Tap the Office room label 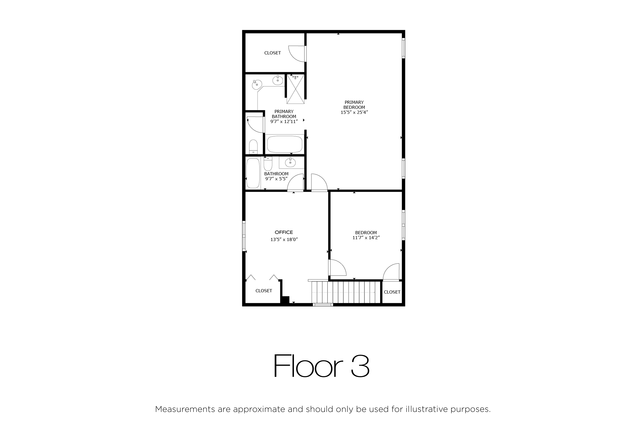point(284,232)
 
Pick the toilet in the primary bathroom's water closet point(253,147)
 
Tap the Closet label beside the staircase point(392,292)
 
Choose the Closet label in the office point(264,291)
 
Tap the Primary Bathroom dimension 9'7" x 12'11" point(284,122)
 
